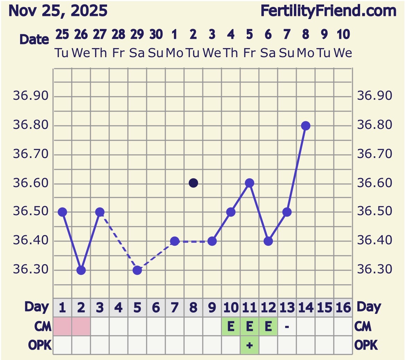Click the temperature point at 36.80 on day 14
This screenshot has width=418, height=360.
tap(305, 126)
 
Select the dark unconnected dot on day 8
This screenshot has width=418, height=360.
tap(193, 183)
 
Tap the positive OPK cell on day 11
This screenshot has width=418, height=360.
tap(250, 345)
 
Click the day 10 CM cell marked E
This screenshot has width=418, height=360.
tap(231, 326)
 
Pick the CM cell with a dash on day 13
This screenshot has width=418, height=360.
tap(287, 326)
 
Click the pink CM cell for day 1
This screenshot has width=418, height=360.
tap(62, 326)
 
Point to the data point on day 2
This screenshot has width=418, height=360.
tap(81, 270)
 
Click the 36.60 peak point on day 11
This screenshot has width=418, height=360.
tap(250, 183)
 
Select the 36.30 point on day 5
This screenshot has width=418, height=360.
tap(137, 270)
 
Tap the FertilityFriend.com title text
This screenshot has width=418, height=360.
tap(328, 11)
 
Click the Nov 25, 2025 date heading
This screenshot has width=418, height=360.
tap(58, 11)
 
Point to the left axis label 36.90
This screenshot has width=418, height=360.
tap(31, 96)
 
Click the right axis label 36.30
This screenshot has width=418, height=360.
tap(375, 270)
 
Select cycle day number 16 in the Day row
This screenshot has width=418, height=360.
tap(343, 308)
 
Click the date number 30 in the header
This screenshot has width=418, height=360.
tap(156, 34)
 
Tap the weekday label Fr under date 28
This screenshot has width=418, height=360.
tap(119, 53)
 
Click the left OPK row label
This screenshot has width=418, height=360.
tap(40, 345)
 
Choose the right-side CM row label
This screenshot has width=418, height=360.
tap(363, 326)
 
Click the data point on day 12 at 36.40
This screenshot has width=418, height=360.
tap(268, 241)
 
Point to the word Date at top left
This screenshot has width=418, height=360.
tap(34, 39)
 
